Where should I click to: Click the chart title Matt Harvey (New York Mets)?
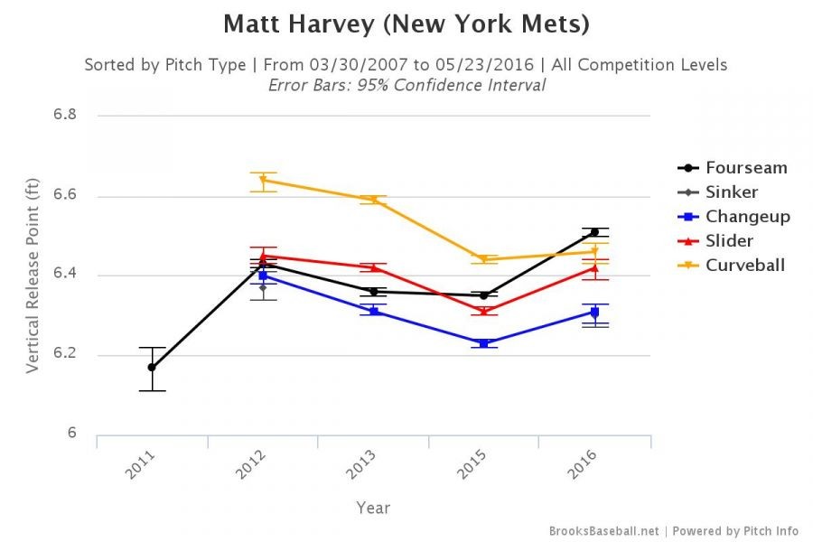click(406, 24)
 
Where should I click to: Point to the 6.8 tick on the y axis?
click(64, 116)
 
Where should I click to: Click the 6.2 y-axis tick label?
click(64, 355)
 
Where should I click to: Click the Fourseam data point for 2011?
click(152, 368)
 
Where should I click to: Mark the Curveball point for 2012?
click(263, 180)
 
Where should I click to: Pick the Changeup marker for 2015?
click(483, 343)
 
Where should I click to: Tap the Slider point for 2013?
click(373, 267)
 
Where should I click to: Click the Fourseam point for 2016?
click(594, 232)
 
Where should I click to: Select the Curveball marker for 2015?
click(483, 260)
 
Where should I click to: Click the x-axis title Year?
click(373, 508)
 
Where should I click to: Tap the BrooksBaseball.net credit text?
click(603, 530)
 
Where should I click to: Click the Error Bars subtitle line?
click(406, 85)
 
